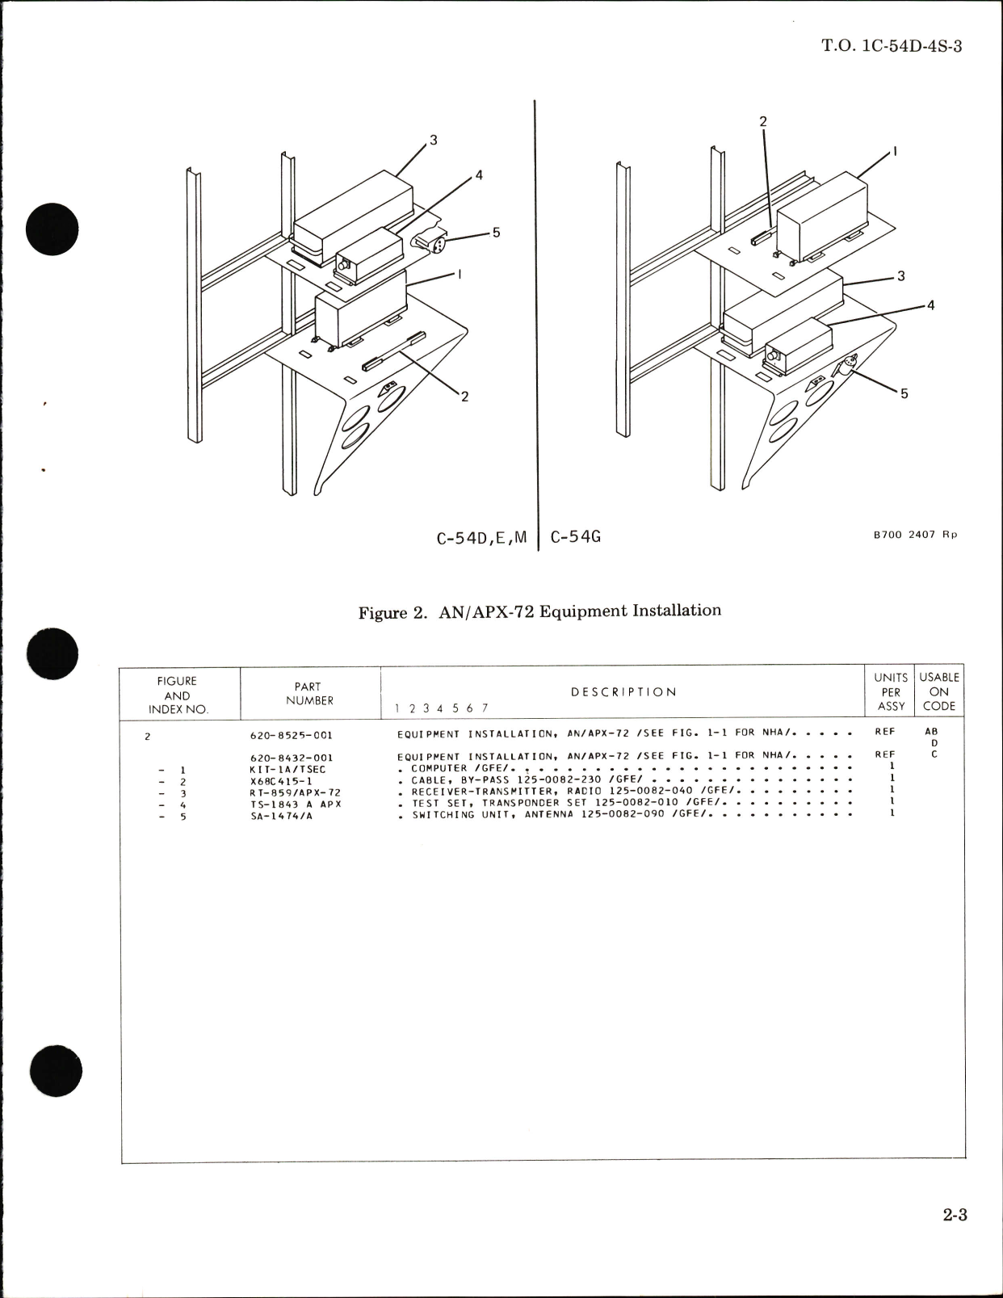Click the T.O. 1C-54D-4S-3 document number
(892, 46)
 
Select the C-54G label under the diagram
(575, 536)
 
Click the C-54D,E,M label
(481, 537)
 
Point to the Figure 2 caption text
(539, 611)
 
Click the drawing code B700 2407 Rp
(915, 535)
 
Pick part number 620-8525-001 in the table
(292, 736)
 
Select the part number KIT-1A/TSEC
(287, 770)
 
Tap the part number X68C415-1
(281, 781)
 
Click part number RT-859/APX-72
(295, 792)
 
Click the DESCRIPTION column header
(623, 692)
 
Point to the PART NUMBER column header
(308, 694)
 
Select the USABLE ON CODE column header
(939, 691)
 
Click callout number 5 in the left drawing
(496, 233)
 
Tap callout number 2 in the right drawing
(762, 122)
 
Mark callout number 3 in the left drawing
(434, 141)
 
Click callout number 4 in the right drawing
(930, 305)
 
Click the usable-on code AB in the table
(931, 731)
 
